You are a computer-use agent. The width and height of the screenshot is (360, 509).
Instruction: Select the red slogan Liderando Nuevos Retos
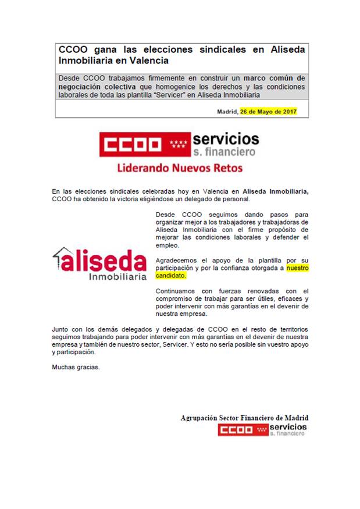pos(180,169)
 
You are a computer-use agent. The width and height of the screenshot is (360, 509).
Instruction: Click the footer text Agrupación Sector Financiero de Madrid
pos(244,418)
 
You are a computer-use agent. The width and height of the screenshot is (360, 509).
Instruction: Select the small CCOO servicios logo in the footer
pos(262,430)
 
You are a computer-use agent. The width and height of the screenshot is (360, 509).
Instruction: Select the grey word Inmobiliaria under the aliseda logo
pos(117,277)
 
